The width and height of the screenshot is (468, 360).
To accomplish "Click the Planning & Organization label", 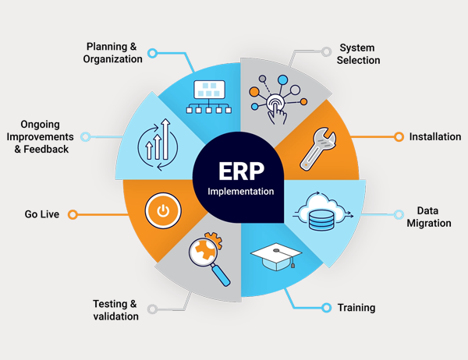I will [x=113, y=53].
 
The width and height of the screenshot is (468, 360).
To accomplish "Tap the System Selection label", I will [x=360, y=54].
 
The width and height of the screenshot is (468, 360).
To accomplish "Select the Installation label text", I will [x=435, y=137].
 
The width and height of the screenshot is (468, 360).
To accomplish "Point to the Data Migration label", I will [x=429, y=217].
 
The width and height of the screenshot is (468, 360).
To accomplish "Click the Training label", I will [x=356, y=307].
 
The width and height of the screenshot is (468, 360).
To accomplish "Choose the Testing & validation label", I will [x=115, y=309].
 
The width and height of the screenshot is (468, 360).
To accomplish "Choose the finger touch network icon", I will [x=275, y=97].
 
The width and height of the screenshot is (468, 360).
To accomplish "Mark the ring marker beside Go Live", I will [x=75, y=214].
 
